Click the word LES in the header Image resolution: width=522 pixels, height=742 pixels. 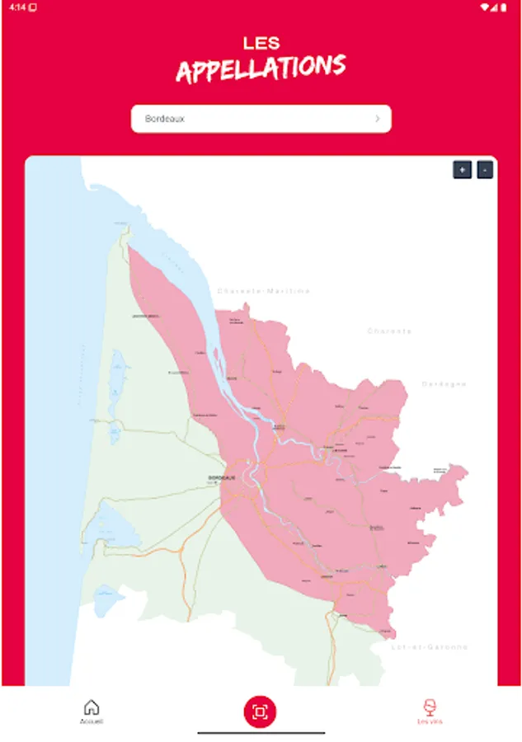(261, 43)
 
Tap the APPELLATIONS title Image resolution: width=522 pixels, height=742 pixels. (261, 69)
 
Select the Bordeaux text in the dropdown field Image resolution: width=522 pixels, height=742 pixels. (165, 119)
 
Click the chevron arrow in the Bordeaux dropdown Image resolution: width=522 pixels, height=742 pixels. (378, 119)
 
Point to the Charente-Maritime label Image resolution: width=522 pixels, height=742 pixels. (264, 291)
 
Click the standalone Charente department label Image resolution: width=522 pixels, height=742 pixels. (389, 331)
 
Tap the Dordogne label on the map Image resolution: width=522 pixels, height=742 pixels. (444, 384)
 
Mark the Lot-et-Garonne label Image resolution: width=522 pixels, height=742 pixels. (430, 647)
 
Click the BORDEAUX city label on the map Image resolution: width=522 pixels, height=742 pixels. (222, 478)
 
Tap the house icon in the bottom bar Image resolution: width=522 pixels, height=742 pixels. (92, 707)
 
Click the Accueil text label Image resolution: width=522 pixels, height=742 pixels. (92, 721)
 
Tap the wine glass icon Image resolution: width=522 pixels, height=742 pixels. (429, 707)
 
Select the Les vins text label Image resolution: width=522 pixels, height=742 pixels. (429, 721)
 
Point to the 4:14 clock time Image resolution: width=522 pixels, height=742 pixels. (17, 7)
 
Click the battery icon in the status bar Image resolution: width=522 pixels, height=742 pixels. (503, 7)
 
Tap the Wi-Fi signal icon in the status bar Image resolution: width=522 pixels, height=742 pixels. (485, 7)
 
